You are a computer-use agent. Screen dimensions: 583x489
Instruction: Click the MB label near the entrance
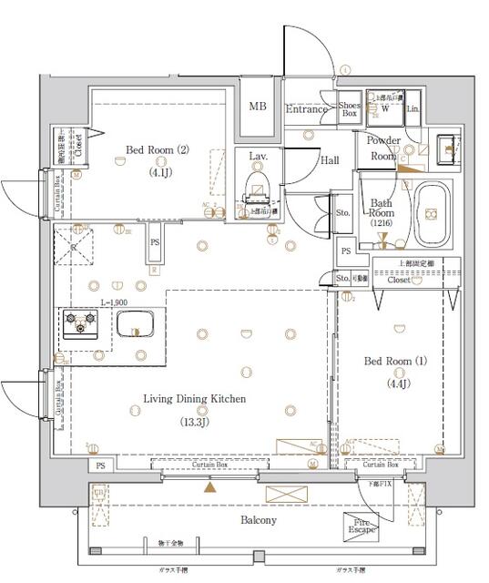pos(258,107)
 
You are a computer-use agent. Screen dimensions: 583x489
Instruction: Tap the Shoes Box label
pos(350,109)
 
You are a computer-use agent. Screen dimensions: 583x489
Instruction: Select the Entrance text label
pos(307,109)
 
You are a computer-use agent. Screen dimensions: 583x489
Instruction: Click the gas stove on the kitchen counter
pos(79,321)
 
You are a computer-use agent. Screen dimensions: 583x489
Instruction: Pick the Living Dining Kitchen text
pos(193,398)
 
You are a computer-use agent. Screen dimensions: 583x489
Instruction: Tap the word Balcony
pos(259,520)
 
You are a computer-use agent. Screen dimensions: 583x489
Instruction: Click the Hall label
pos(329,160)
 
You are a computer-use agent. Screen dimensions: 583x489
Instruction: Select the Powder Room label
pos(383,148)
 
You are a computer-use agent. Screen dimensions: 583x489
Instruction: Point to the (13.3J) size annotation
pos(192,421)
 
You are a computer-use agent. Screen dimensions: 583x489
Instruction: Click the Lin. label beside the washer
pos(413,109)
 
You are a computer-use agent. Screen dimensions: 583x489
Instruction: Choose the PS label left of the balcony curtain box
pos(99,466)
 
